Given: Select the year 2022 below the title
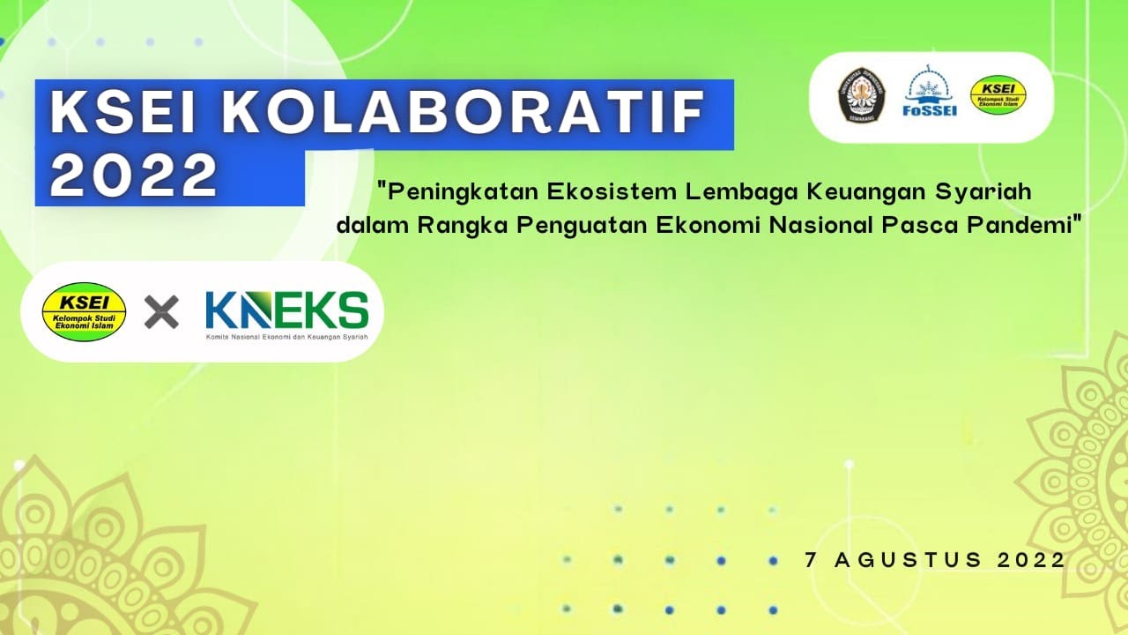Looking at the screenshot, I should (x=135, y=175).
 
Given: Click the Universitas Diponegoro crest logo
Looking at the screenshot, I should (x=861, y=95).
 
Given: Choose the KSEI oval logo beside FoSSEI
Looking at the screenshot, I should (x=998, y=95).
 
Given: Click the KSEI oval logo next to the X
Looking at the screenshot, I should (x=85, y=311).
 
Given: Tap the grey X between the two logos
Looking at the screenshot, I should (x=161, y=311).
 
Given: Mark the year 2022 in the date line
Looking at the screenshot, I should (x=1032, y=559).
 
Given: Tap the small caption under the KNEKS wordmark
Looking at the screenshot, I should (x=286, y=337).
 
